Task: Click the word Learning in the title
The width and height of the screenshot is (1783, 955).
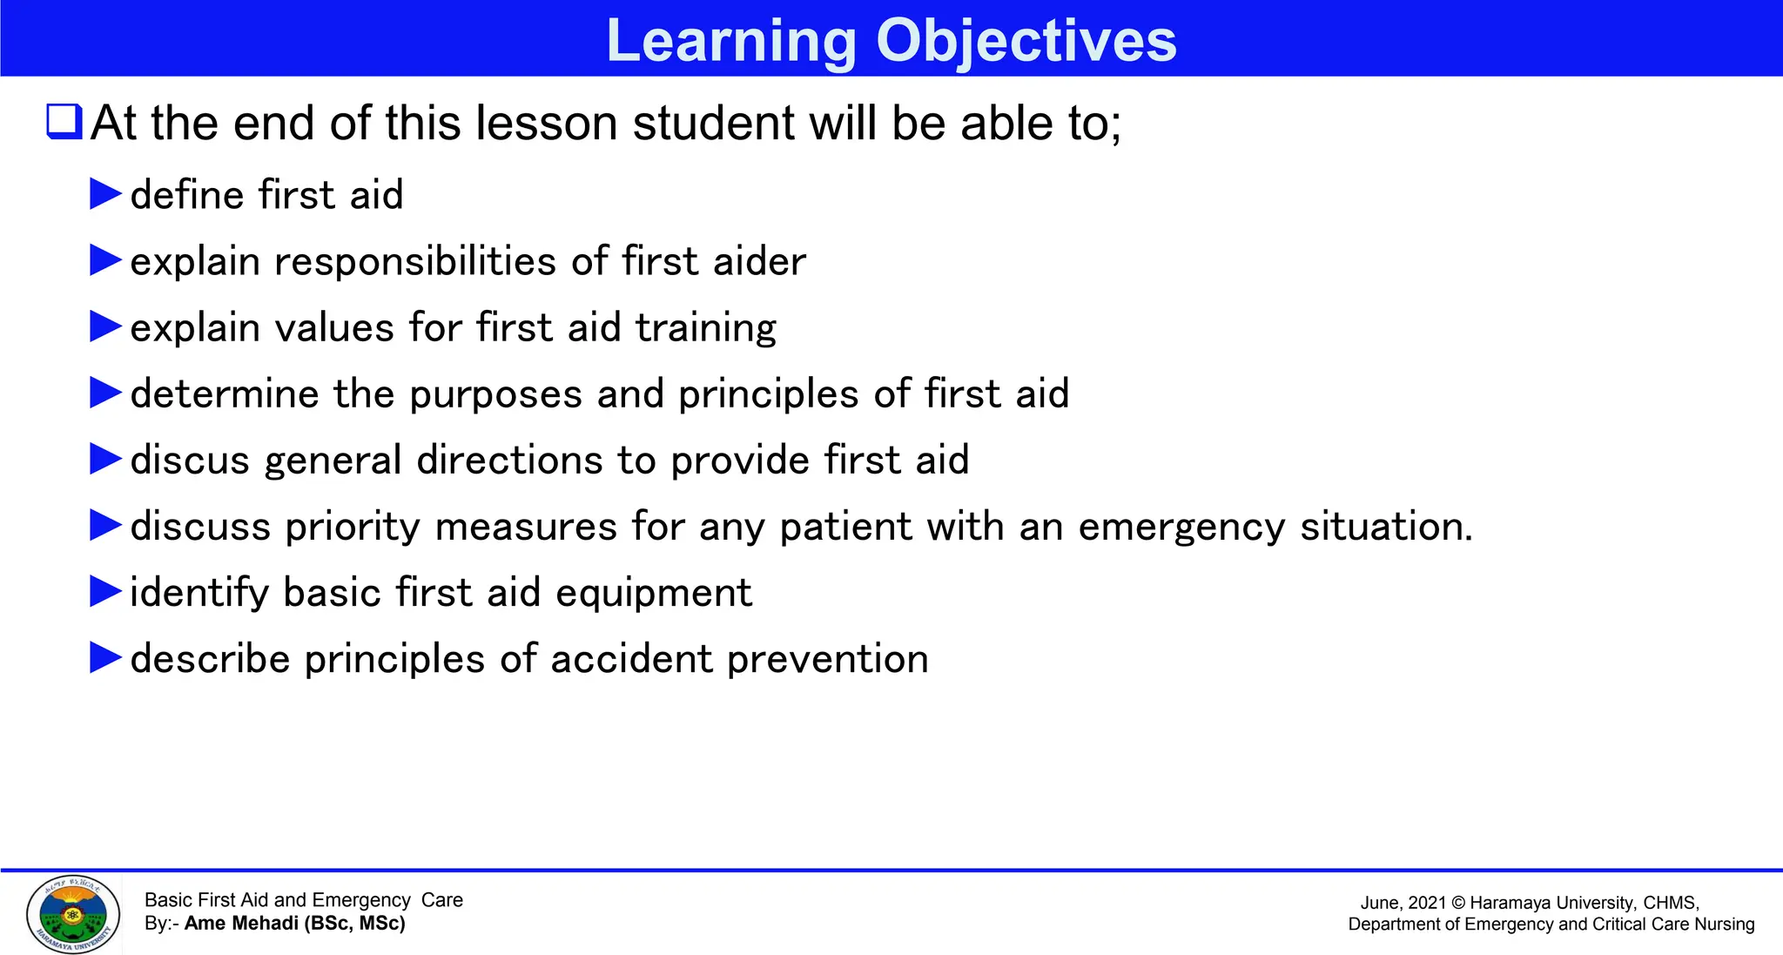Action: point(731,40)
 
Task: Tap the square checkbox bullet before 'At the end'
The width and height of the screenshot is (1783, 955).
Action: point(64,122)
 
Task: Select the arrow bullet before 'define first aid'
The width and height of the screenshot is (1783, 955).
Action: point(105,194)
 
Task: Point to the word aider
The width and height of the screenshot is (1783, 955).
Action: point(758,261)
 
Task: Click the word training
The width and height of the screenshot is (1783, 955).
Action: point(705,328)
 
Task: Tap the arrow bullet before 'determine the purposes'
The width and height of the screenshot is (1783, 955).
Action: point(105,393)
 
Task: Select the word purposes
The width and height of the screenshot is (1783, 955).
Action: point(495,394)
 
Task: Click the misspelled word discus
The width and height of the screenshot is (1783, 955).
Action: point(190,460)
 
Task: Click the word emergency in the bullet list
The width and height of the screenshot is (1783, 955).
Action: point(1181,527)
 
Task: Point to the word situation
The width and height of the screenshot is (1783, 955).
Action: point(1385,526)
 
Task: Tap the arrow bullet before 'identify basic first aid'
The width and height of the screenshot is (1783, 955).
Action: point(105,592)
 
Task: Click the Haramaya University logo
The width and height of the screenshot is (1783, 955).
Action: point(73,914)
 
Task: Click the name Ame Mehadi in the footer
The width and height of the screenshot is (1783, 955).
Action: point(241,923)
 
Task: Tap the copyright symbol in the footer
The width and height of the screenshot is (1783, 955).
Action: point(1458,903)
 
